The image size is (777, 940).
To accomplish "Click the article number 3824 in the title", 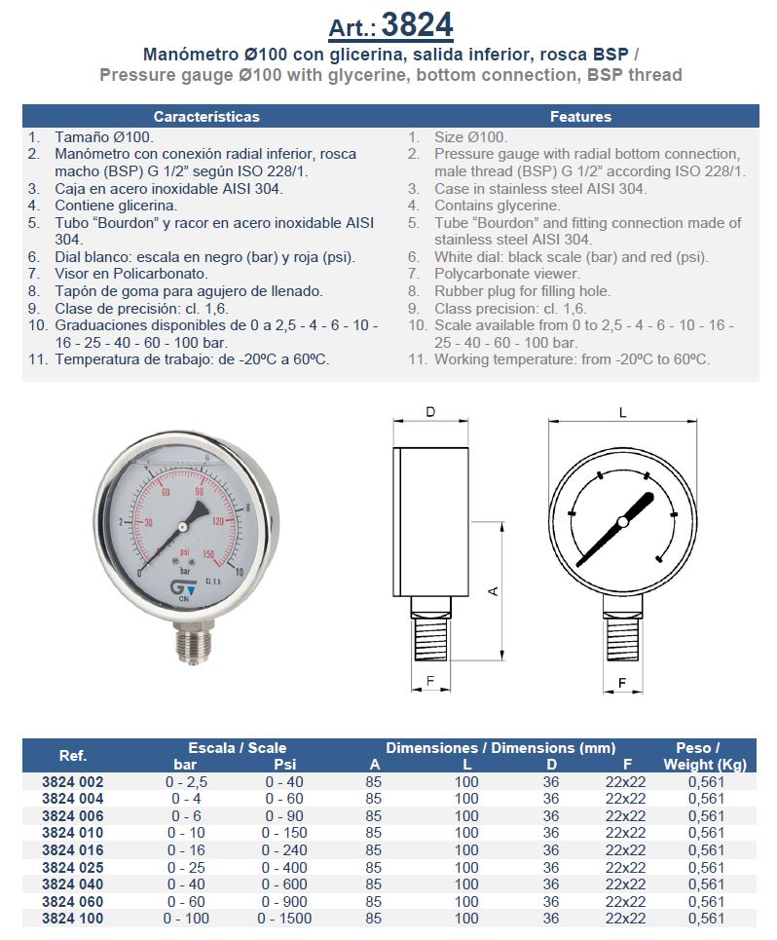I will (x=417, y=23).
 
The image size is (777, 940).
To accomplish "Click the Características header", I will (x=206, y=116).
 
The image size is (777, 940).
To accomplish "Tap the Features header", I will (x=580, y=116).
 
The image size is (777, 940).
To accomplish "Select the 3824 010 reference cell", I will (x=72, y=833).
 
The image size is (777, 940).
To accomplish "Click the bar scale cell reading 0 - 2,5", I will (x=187, y=781).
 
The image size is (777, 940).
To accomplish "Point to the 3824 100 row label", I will (x=72, y=918).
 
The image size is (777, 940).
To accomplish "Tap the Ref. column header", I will (x=72, y=756).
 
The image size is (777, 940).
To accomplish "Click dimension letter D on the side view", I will (x=430, y=412).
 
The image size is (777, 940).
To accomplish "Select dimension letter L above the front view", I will (x=623, y=412).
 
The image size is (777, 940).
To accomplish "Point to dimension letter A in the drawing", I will (x=493, y=591).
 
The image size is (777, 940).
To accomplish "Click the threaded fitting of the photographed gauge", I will (x=191, y=642).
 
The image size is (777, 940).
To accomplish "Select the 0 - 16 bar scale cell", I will (x=187, y=849).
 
